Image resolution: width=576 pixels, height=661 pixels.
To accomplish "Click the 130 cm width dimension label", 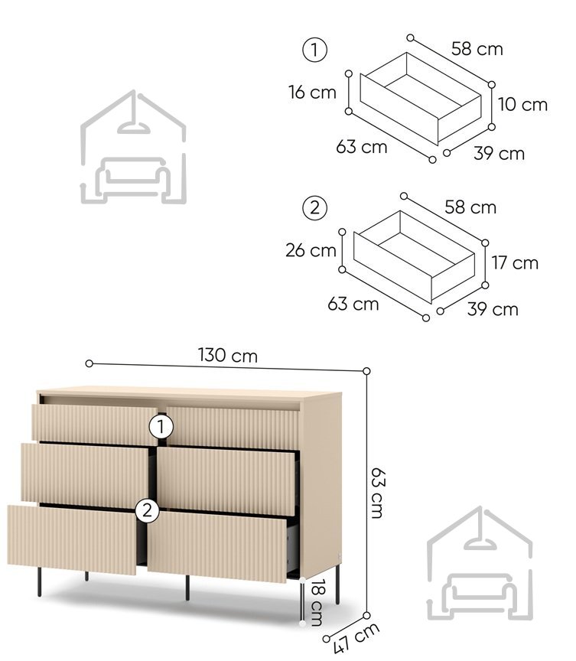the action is point(227,356).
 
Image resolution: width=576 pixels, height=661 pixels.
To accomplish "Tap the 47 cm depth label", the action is point(356,638).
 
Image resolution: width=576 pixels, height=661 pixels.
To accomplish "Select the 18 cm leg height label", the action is point(317,602).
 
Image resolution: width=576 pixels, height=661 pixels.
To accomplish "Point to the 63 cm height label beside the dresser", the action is point(378,493).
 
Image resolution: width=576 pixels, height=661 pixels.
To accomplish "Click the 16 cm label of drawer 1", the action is point(312,93).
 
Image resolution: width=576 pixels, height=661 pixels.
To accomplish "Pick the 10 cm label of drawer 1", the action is point(522,104).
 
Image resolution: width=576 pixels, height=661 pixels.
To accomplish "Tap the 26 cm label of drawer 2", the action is point(311,250).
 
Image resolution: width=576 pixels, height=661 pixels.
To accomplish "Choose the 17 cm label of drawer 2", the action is point(515,262).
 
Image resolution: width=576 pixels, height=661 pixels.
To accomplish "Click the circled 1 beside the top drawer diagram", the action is point(314,50).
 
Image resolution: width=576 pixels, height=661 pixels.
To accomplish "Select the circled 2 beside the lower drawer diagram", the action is point(314,208).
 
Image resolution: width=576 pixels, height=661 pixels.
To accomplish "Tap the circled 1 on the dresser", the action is point(161,428).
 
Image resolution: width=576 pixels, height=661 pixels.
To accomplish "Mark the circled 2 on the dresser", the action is point(147,511).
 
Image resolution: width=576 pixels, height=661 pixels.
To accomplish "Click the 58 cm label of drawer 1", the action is point(477,49).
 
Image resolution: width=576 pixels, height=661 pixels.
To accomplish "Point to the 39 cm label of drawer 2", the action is point(493,309).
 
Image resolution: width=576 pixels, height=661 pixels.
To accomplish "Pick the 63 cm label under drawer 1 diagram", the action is point(362,147).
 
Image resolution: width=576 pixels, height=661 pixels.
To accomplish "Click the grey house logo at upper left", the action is point(133,147).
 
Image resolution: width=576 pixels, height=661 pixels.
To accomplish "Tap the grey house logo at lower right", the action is point(480,563).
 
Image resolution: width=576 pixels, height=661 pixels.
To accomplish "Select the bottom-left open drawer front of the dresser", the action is point(72,540).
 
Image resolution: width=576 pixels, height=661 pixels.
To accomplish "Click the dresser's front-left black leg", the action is point(40,581).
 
